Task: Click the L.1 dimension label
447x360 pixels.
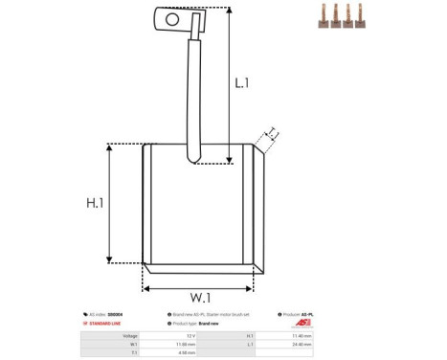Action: (x=242, y=83)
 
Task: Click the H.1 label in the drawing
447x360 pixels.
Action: (x=96, y=203)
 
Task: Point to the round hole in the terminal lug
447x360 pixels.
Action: (x=172, y=17)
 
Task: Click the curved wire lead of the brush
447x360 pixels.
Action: (x=192, y=96)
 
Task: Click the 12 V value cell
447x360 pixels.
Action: (x=190, y=336)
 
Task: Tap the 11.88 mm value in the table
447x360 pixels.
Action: (x=188, y=345)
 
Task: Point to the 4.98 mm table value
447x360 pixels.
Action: (x=189, y=353)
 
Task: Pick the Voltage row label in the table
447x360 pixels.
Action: (x=130, y=336)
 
